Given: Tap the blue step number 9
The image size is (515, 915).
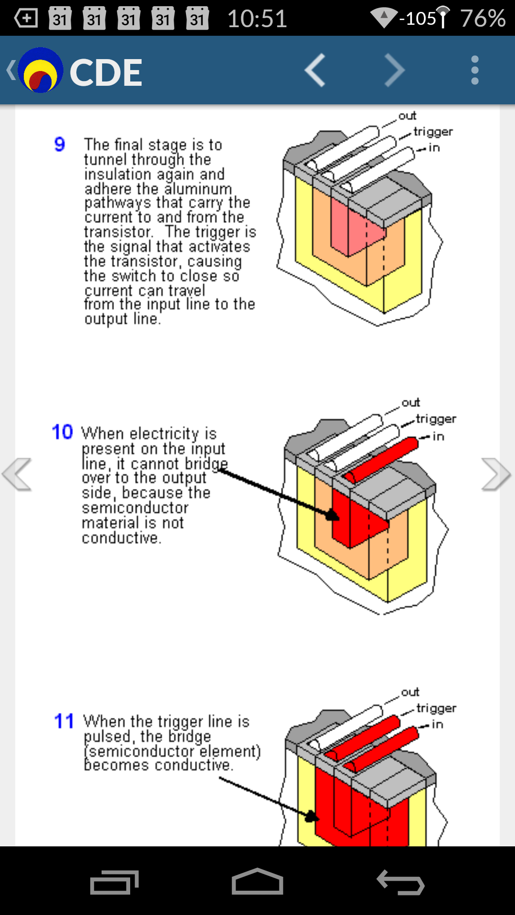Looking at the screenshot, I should pyautogui.click(x=60, y=144).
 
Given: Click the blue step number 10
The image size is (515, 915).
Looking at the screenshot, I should pyautogui.click(x=62, y=432).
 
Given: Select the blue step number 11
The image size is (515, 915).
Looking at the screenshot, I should pyautogui.click(x=64, y=721).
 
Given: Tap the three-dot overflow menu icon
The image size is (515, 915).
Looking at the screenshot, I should pyautogui.click(x=474, y=71).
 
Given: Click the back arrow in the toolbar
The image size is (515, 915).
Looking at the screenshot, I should pyautogui.click(x=315, y=71).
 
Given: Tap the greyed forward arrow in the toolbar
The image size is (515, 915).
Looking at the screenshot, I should pyautogui.click(x=394, y=71).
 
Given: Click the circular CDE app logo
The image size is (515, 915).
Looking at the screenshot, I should pyautogui.click(x=41, y=71).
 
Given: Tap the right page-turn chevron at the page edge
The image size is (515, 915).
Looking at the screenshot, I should pyautogui.click(x=496, y=474).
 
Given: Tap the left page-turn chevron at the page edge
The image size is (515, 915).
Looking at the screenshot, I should pyautogui.click(x=17, y=474).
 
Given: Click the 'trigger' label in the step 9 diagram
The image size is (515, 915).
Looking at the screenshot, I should pyautogui.click(x=433, y=132).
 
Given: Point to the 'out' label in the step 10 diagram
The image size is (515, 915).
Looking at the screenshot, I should pyautogui.click(x=411, y=403).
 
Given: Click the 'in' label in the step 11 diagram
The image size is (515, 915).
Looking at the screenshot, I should pyautogui.click(x=437, y=724).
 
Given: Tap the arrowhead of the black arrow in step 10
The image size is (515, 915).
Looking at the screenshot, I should pyautogui.click(x=332, y=515).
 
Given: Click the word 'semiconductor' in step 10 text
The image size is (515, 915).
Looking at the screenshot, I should pyautogui.click(x=135, y=508).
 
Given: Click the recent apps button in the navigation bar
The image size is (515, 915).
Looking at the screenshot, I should pyautogui.click(x=114, y=882).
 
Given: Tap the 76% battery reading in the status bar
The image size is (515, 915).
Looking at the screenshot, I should pyautogui.click(x=483, y=19).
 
